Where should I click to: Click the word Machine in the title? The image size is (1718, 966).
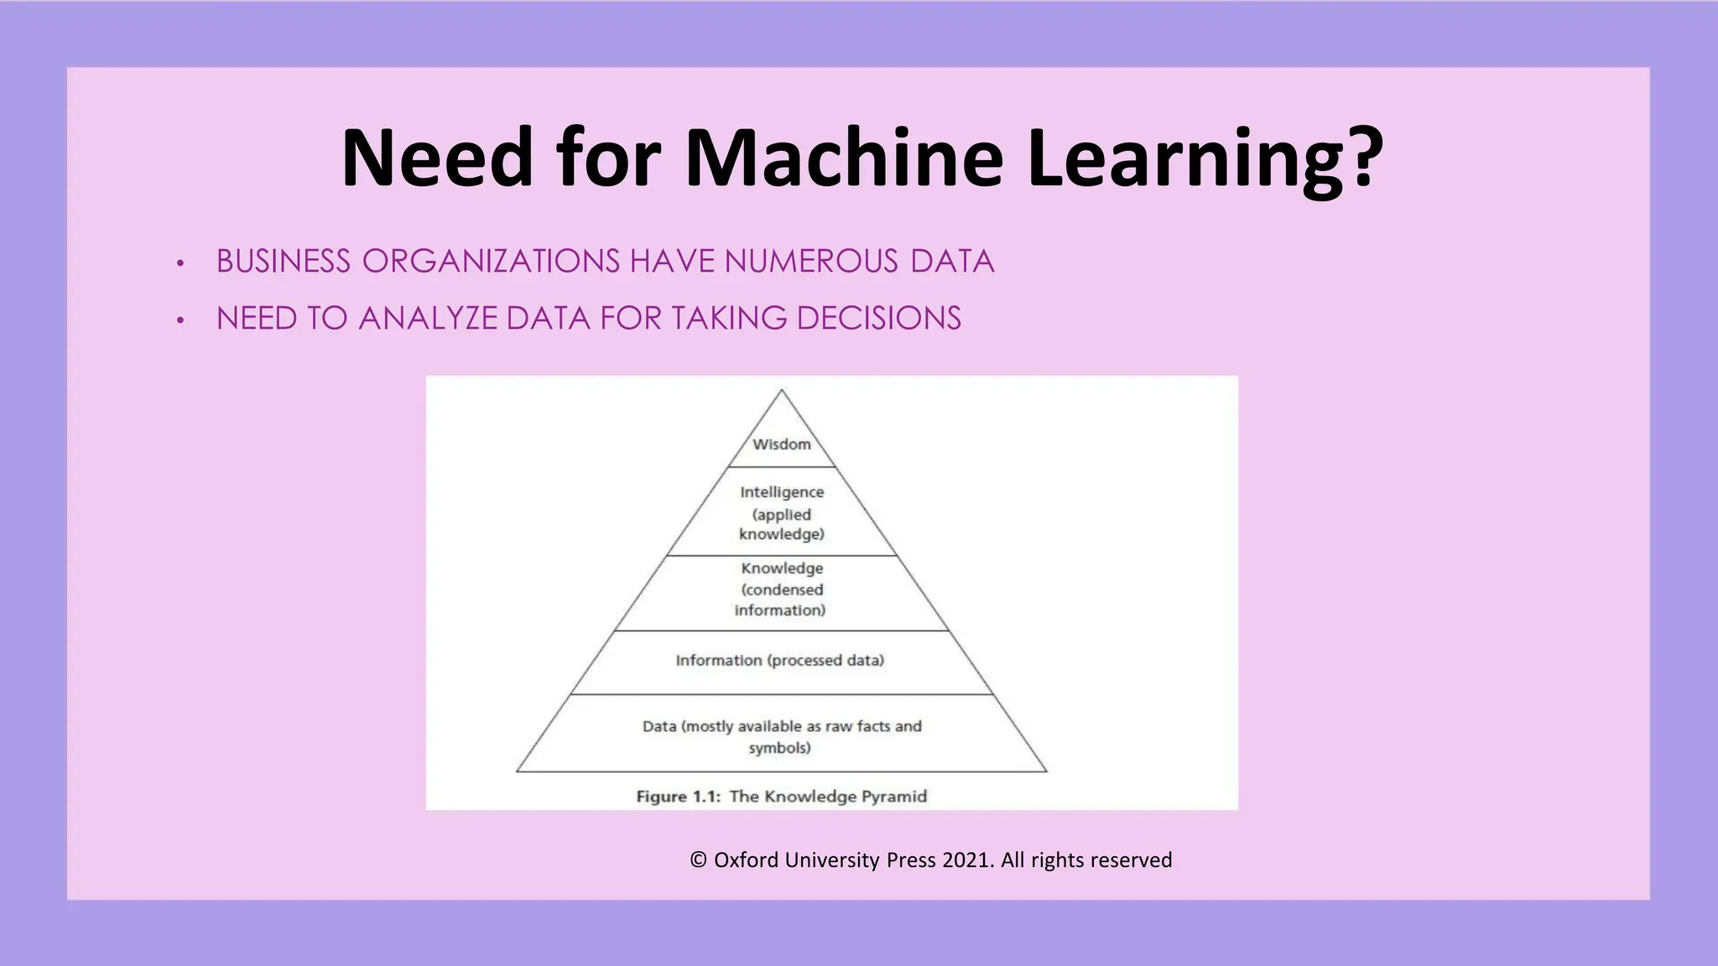click(844, 158)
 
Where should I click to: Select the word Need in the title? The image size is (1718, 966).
click(437, 158)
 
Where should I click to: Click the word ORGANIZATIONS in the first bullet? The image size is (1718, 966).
click(491, 262)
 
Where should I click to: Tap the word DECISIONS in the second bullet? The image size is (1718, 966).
click(878, 319)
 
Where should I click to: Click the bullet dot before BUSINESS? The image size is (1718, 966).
click(180, 263)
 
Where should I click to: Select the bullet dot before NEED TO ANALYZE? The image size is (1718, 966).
click(180, 320)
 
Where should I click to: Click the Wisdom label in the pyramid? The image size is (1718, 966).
click(782, 444)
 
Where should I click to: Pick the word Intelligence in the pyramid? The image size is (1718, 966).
click(782, 492)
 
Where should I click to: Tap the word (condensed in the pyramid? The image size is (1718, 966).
click(782, 589)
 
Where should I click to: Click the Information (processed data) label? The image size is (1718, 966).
click(780, 661)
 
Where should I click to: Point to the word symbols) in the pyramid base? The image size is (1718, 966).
click(780, 748)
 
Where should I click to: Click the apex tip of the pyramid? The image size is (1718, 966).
click(782, 391)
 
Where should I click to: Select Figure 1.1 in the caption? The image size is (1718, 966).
click(678, 797)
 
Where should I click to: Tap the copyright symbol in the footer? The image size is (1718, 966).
click(698, 860)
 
